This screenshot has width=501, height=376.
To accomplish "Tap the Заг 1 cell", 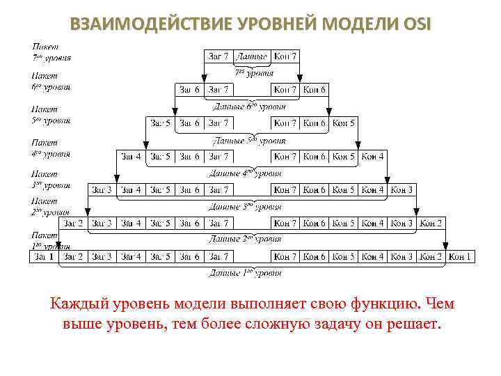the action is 43,256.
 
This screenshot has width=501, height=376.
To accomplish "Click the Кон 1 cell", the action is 460,256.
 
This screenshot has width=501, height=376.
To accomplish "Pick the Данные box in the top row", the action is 251,56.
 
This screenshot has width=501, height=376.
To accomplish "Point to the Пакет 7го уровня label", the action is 51,53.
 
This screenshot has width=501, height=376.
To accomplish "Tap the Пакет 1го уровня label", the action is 51,240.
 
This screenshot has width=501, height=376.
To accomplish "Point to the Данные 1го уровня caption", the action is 246,273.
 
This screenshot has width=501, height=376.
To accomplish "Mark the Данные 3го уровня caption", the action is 246,206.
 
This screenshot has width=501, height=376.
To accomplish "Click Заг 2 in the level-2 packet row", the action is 72,223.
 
